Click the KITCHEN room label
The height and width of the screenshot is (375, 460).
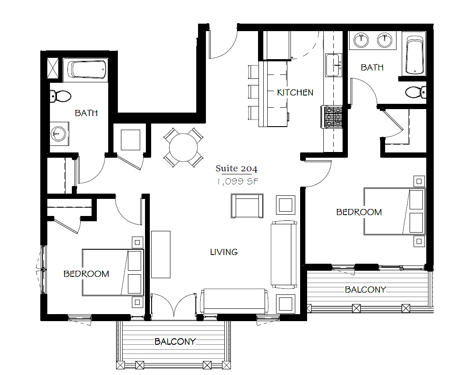click(295, 93)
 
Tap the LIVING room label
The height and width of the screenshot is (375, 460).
click(224, 252)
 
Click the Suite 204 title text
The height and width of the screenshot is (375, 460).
click(237, 168)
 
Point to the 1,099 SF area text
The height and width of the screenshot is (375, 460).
click(237, 181)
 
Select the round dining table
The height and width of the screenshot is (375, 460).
click(184, 147)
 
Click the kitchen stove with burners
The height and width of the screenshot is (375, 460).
click(332, 117)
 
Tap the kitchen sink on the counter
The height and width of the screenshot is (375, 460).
click(334, 65)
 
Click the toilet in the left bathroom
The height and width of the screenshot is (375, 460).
click(60, 96)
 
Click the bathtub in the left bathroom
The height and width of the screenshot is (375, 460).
click(87, 70)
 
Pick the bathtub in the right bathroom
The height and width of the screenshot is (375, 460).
click(414, 55)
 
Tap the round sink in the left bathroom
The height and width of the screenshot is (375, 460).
click(59, 134)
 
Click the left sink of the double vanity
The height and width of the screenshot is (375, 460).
click(361, 40)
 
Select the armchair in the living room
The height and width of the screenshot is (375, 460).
click(247, 206)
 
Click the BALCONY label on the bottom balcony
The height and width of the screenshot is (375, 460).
click(175, 342)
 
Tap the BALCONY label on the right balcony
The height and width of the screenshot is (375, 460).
click(365, 290)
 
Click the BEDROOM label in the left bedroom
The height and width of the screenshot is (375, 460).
click(86, 274)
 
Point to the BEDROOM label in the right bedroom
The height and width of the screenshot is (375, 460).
click(359, 212)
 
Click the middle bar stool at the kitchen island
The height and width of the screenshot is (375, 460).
click(253, 92)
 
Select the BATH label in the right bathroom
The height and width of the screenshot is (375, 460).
click(372, 67)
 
